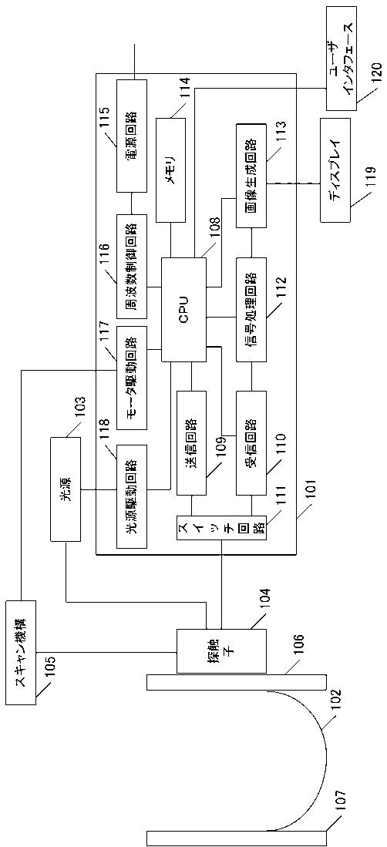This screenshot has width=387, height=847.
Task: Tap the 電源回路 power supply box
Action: pos(131,136)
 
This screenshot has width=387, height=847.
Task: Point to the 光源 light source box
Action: pos(66,489)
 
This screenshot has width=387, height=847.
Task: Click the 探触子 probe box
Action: pos(222,651)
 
